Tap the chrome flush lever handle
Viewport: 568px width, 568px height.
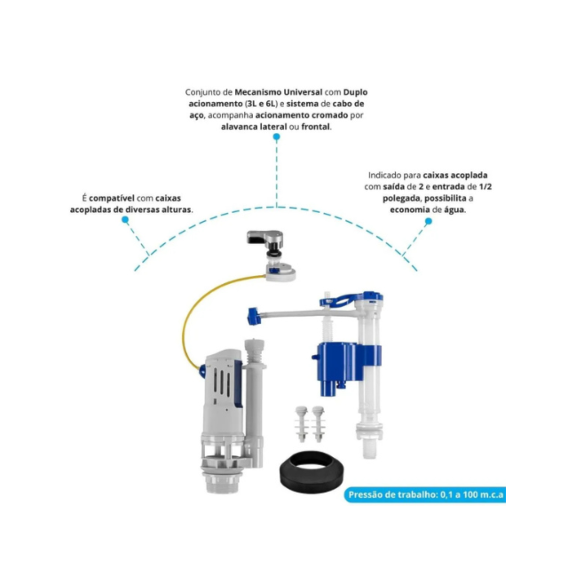264,239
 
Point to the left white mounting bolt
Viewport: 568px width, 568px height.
302,424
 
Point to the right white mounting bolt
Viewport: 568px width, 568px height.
318,424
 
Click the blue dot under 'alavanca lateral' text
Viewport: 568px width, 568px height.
276,137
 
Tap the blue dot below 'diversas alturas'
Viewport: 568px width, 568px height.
125,219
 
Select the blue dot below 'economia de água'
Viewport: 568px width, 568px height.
429,221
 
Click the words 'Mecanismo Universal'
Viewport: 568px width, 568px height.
278,92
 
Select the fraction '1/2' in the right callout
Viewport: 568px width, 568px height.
485,186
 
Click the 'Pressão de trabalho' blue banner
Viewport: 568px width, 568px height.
424,494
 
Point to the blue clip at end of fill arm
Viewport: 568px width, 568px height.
254,316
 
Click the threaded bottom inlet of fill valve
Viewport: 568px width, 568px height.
369,447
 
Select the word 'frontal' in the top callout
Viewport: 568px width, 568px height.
316,127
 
